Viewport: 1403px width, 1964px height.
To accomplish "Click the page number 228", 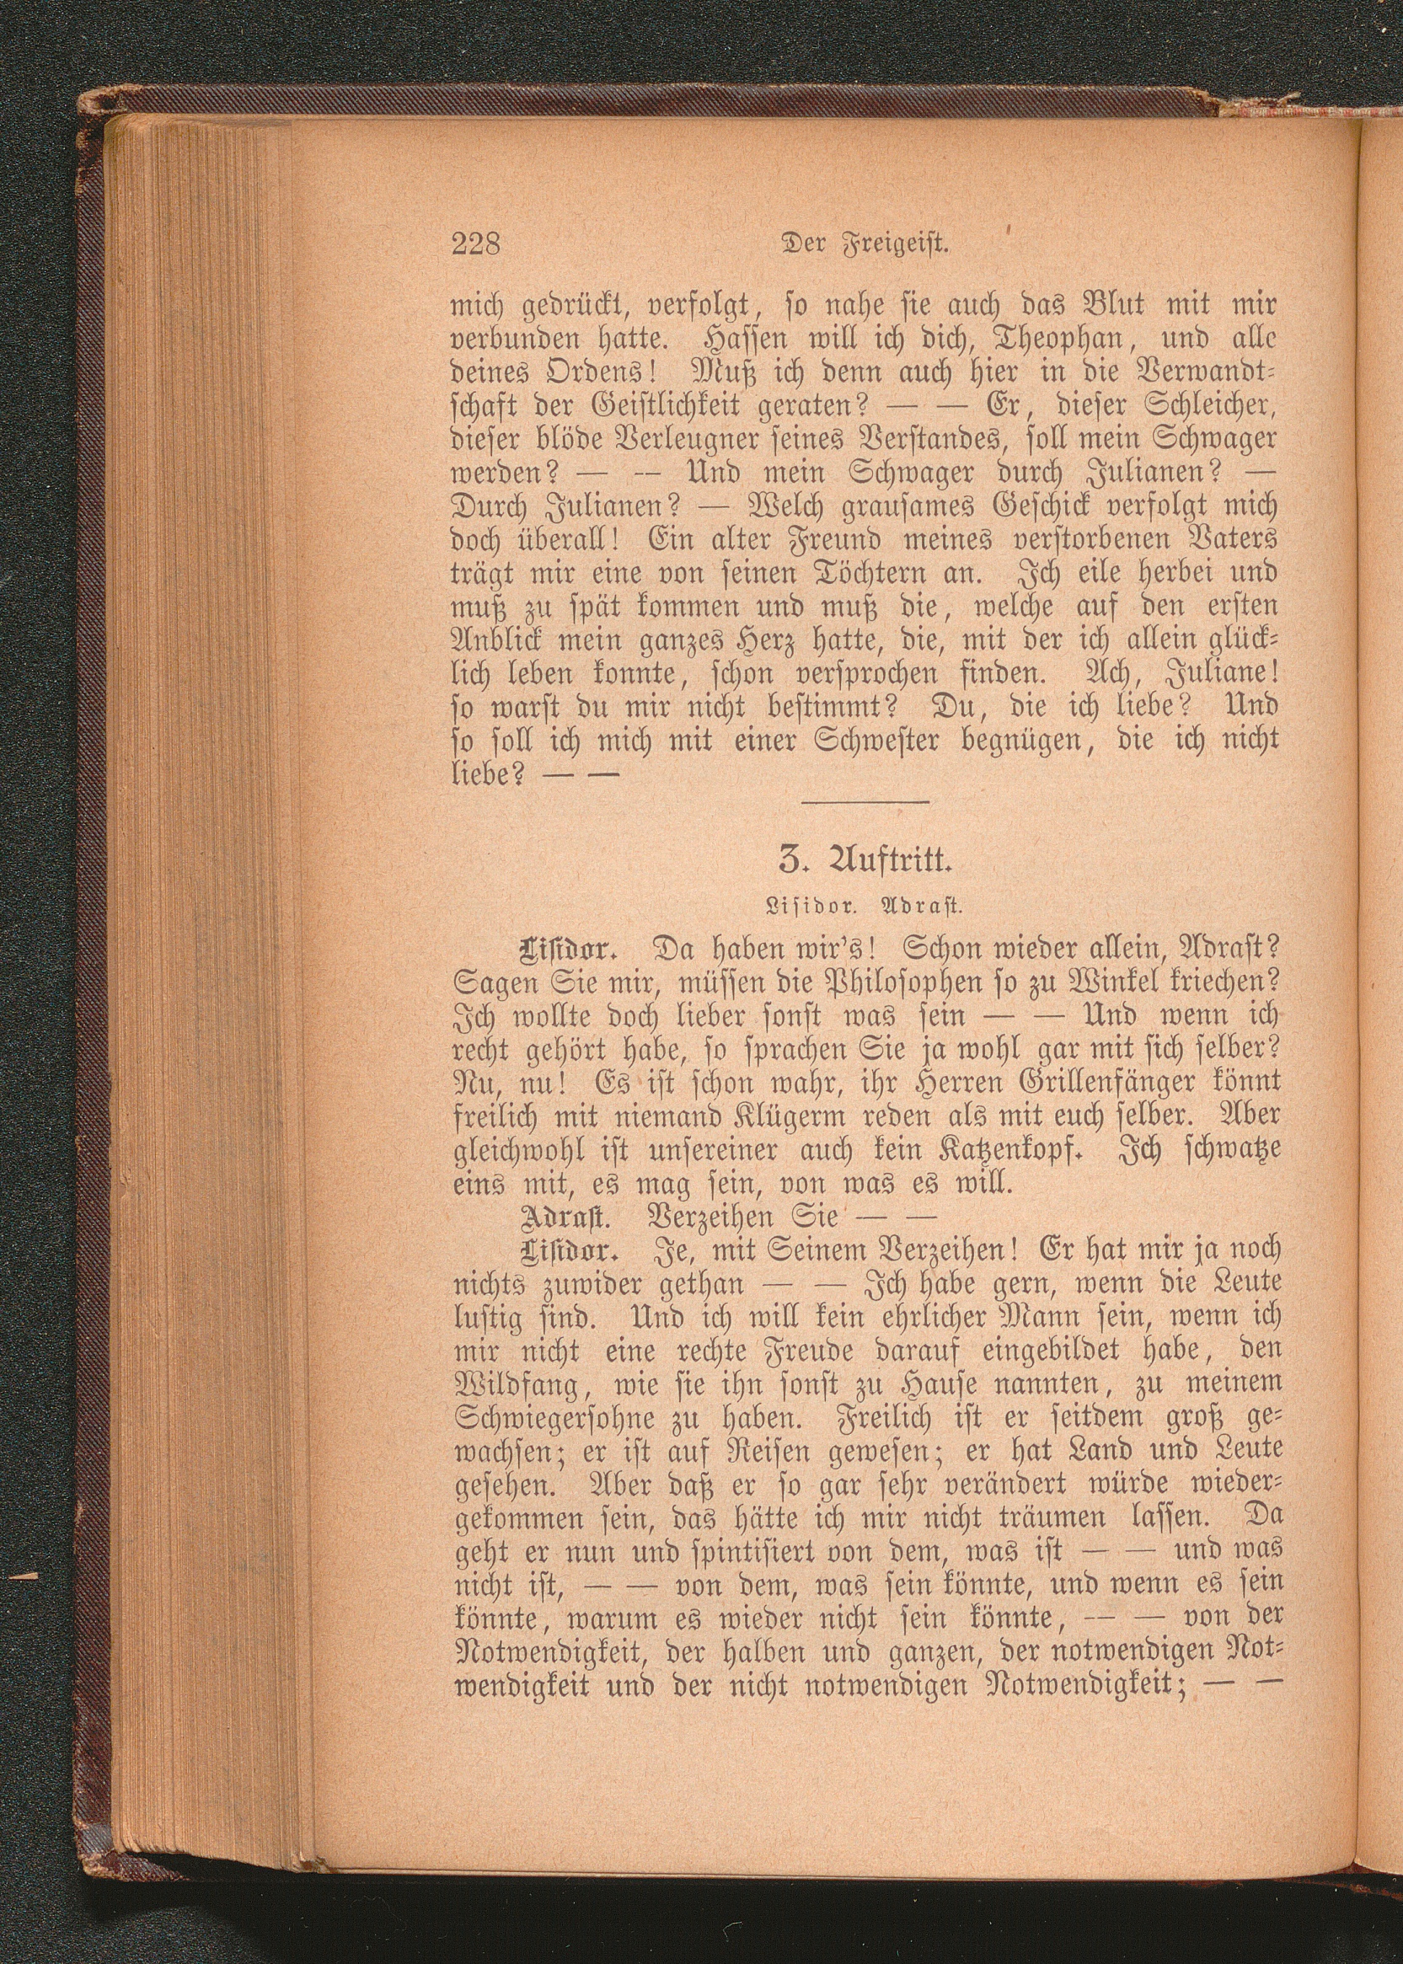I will [476, 244].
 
